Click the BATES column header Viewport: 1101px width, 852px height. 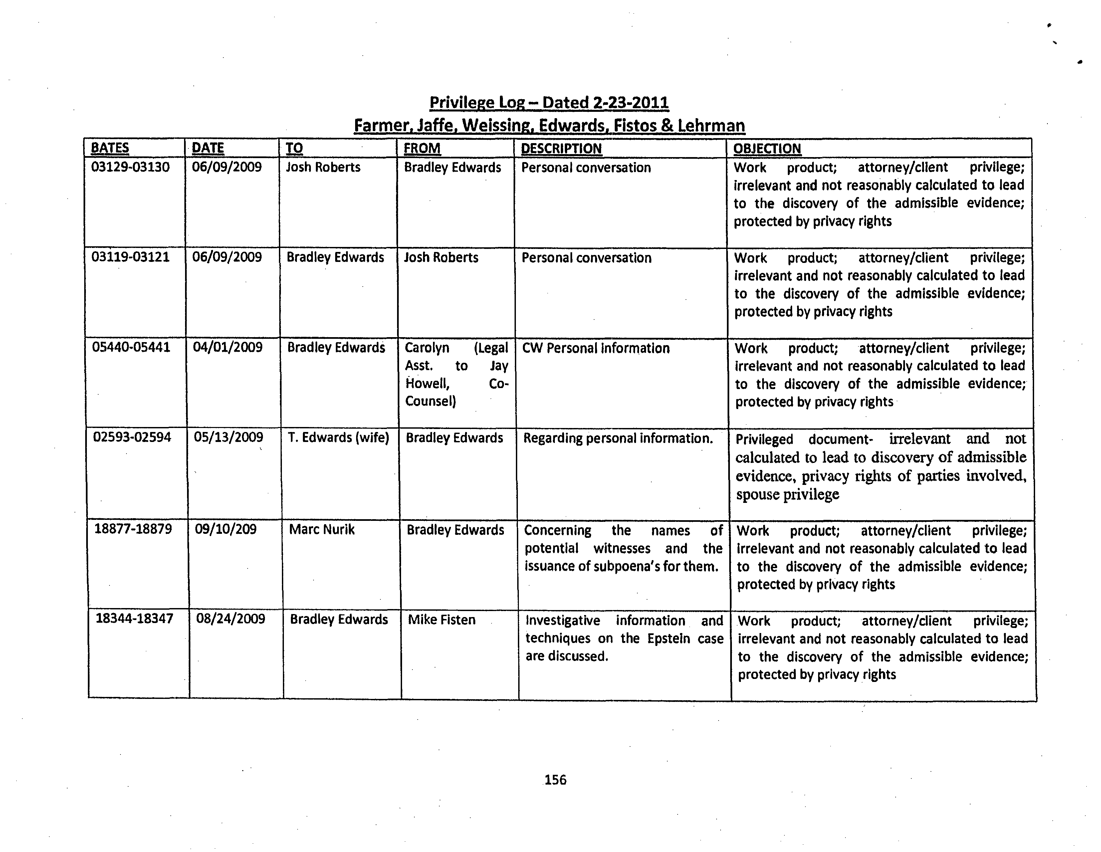(110, 148)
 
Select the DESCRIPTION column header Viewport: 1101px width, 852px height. (561, 149)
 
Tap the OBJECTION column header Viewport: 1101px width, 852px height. (767, 149)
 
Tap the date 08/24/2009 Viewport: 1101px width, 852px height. (230, 619)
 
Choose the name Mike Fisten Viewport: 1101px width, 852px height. (442, 620)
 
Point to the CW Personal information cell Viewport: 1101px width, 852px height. (596, 348)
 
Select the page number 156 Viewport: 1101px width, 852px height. (555, 780)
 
